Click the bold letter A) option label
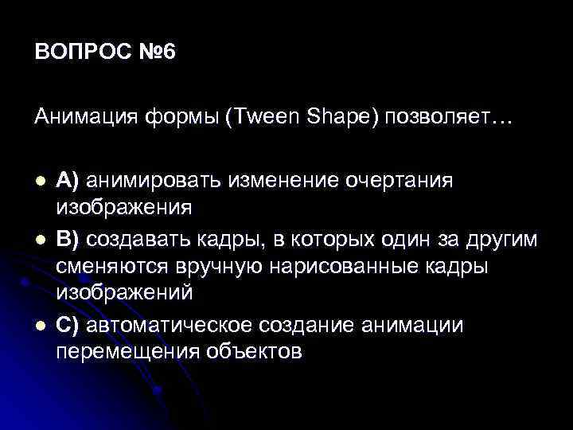pyautogui.click(x=68, y=181)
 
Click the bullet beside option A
pyautogui.click(x=41, y=181)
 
